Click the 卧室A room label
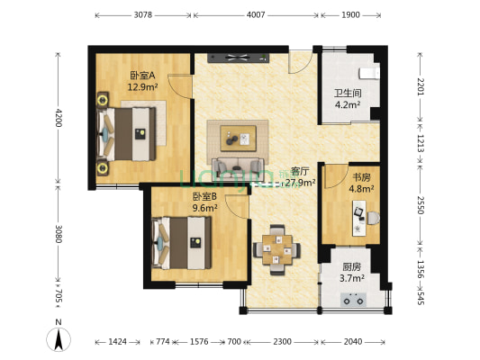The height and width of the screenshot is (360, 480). [143, 76]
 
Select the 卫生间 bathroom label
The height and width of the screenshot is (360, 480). [347, 92]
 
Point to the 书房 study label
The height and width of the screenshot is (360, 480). [360, 177]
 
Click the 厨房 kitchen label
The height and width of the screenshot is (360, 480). [352, 267]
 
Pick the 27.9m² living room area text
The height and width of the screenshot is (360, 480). [301, 183]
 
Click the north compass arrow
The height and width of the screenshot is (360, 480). [59, 339]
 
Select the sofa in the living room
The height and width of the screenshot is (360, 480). [239, 166]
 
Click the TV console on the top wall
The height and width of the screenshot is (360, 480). [237, 58]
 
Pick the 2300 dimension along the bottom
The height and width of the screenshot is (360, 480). [282, 342]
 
